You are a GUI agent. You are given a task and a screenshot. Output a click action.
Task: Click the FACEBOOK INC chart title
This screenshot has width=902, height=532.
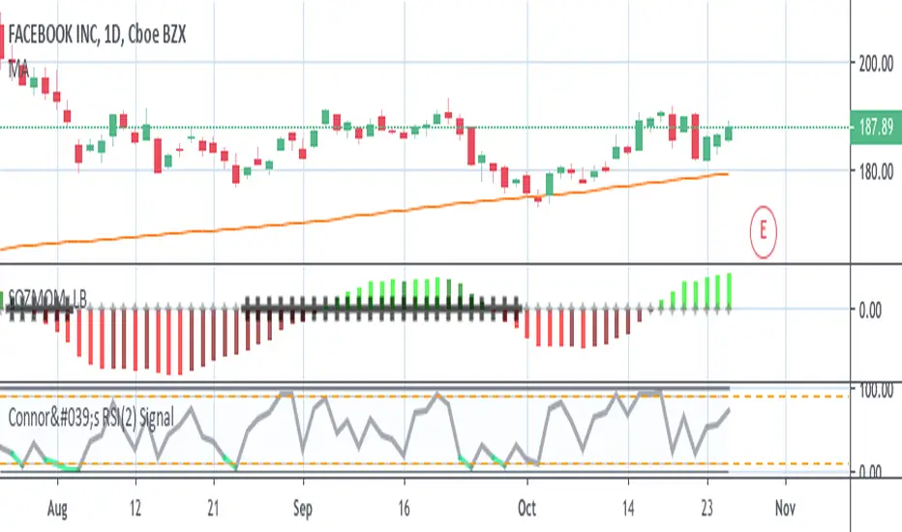click(97, 36)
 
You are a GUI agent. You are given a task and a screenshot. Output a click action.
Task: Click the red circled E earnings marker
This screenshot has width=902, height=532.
click(764, 230)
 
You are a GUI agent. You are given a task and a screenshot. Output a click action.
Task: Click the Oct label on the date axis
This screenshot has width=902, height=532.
click(527, 506)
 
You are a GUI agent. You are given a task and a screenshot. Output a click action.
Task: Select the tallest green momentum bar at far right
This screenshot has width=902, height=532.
click(728, 291)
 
